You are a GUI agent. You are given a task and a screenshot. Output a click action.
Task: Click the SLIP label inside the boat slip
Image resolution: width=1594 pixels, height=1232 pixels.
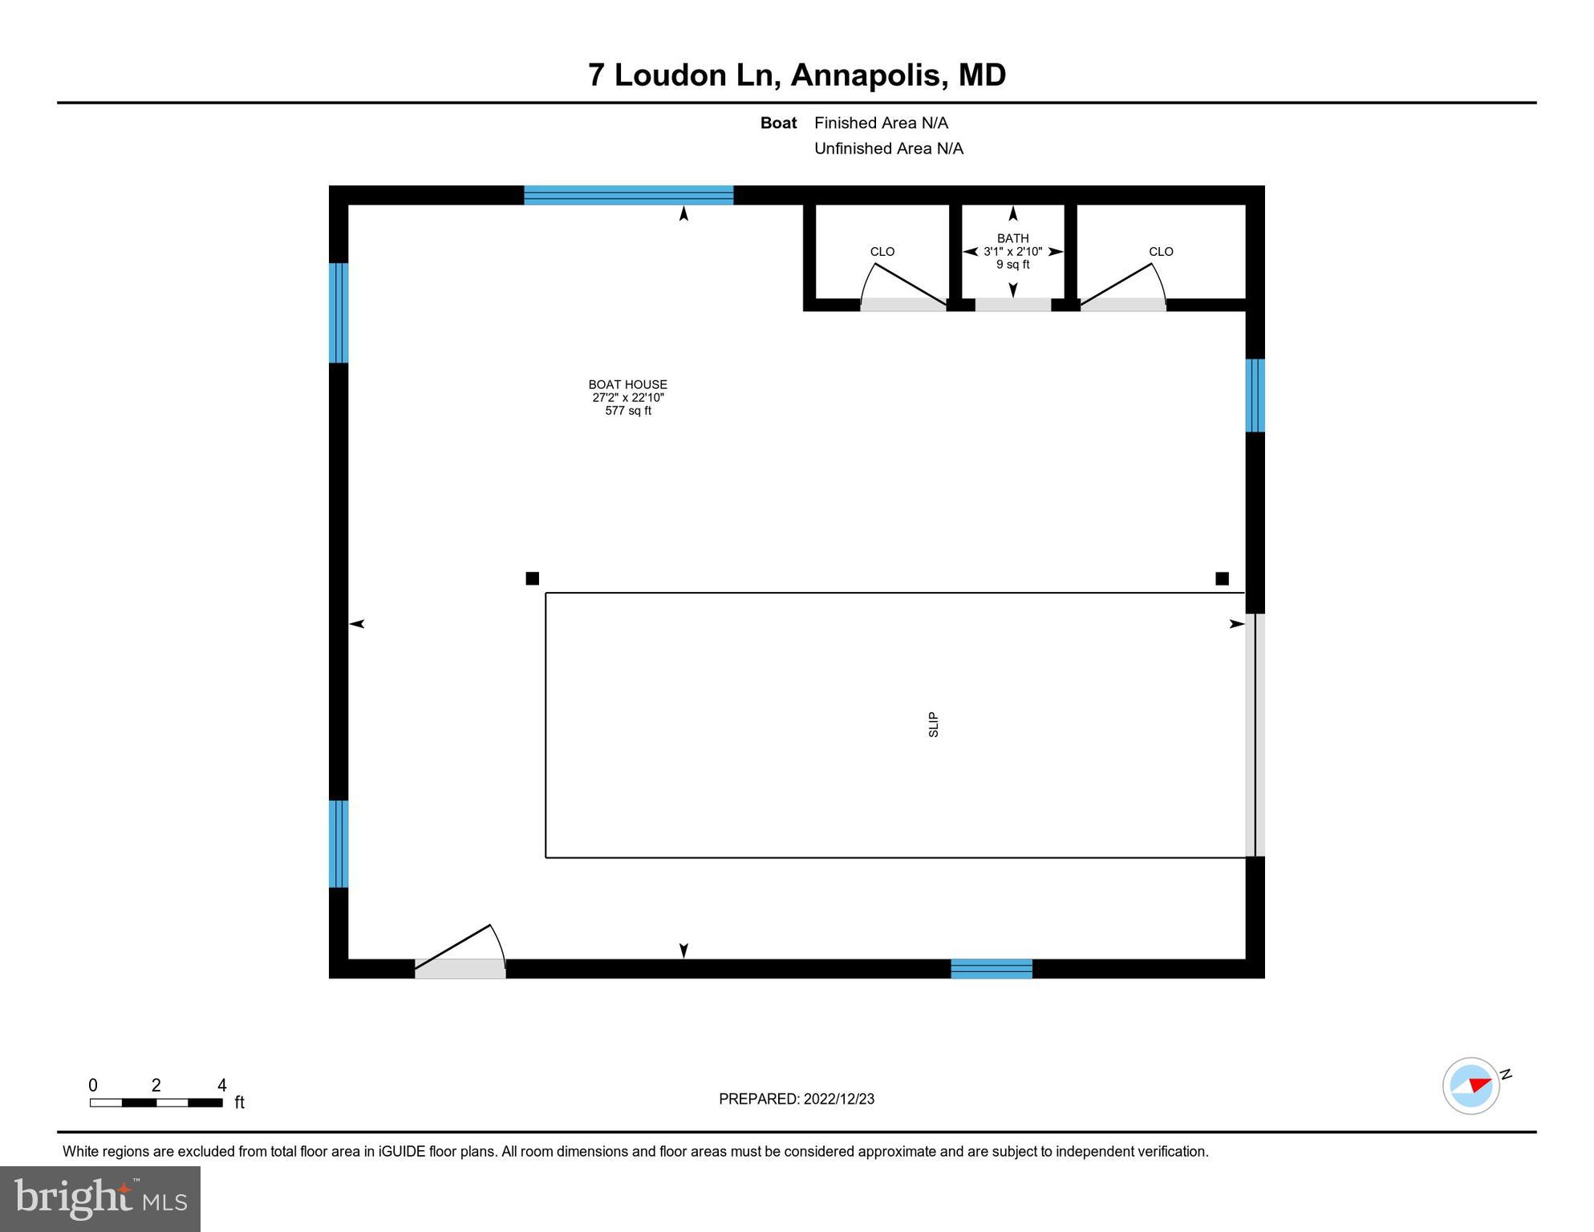tap(933, 724)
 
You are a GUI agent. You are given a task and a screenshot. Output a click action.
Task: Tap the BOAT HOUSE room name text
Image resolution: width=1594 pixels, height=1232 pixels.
tap(627, 384)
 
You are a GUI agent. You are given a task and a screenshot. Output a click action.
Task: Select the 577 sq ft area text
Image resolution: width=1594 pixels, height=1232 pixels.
tap(627, 411)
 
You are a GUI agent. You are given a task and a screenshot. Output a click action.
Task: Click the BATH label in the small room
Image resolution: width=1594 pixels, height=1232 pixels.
tap(1012, 238)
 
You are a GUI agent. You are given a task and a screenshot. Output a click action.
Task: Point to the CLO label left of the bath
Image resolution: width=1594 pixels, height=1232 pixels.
tap(882, 251)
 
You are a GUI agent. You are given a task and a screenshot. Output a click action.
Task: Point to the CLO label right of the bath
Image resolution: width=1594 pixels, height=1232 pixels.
tap(1160, 251)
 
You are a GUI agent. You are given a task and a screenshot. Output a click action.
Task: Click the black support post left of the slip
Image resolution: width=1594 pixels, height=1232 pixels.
tap(532, 578)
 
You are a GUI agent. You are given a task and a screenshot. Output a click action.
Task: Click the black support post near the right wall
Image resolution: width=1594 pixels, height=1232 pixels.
tap(1221, 578)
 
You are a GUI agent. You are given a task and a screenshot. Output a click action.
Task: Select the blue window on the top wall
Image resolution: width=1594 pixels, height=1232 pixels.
tap(628, 195)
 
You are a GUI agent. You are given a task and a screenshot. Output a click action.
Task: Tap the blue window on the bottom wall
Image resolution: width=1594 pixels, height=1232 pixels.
tap(991, 968)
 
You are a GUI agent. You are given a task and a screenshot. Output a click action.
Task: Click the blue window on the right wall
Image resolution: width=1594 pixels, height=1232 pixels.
tap(1255, 395)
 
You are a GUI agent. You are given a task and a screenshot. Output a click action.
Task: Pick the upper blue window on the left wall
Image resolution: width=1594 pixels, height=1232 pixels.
tap(339, 313)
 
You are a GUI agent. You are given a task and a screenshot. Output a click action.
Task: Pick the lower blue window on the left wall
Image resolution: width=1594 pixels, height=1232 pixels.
tap(339, 843)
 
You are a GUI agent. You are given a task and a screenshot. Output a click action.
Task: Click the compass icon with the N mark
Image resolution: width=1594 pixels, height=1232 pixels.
tap(1470, 1085)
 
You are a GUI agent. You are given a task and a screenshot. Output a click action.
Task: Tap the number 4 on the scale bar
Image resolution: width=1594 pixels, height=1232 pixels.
tap(222, 1085)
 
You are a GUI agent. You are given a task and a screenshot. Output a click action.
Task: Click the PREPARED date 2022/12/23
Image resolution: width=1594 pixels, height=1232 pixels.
tap(837, 1099)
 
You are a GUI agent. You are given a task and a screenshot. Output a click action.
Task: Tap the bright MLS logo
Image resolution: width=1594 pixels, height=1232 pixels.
tap(100, 1198)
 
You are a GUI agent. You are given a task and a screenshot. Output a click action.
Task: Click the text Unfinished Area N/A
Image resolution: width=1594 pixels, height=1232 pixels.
tap(888, 148)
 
